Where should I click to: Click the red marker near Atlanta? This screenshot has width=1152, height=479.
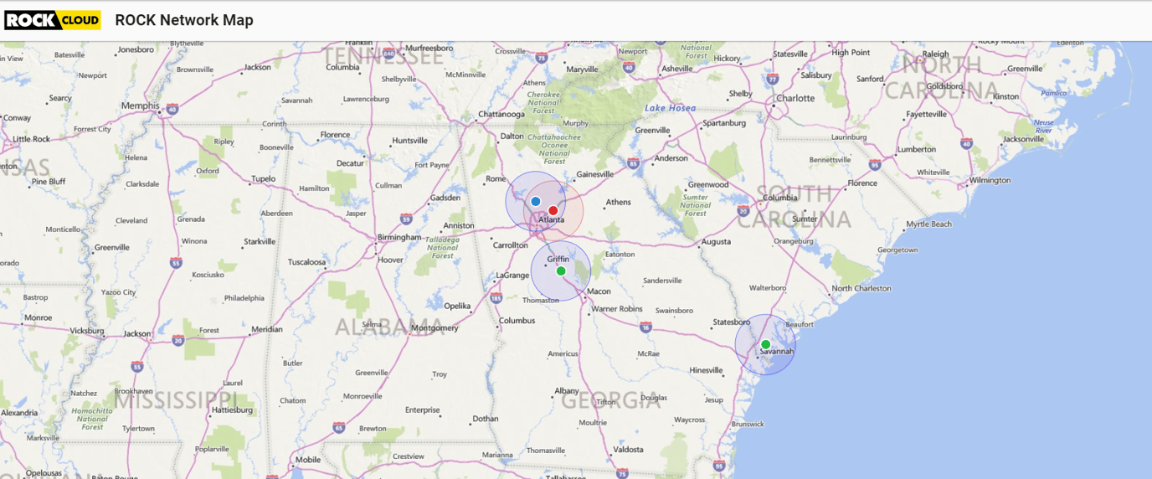pyautogui.click(x=553, y=211)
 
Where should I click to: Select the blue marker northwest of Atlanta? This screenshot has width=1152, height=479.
pyautogui.click(x=536, y=202)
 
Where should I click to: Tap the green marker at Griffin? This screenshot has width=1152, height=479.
pyautogui.click(x=561, y=271)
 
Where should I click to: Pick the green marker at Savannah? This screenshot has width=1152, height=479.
pyautogui.click(x=765, y=345)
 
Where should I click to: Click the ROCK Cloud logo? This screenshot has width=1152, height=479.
pyautogui.click(x=53, y=20)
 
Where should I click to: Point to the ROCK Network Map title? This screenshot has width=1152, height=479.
pyautogui.click(x=184, y=20)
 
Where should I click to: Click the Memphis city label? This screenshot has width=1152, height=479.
pyautogui.click(x=140, y=106)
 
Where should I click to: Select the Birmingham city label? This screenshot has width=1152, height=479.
pyautogui.click(x=399, y=237)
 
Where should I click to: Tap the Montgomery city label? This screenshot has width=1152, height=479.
pyautogui.click(x=435, y=328)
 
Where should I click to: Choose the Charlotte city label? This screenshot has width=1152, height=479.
pyautogui.click(x=795, y=98)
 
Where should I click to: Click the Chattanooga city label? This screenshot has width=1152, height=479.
pyautogui.click(x=501, y=114)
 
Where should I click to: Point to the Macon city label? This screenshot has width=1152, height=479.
pyautogui.click(x=599, y=291)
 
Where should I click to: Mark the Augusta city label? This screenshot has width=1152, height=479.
pyautogui.click(x=716, y=242)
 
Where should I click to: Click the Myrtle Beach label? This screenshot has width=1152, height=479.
pyautogui.click(x=929, y=224)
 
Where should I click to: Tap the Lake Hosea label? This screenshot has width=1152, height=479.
pyautogui.click(x=670, y=108)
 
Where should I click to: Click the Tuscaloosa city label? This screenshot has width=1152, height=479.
pyautogui.click(x=306, y=262)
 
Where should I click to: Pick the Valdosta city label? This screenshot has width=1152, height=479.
pyautogui.click(x=628, y=450)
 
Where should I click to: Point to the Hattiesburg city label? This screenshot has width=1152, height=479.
pyautogui.click(x=232, y=410)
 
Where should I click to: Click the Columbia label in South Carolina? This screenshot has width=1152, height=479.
pyautogui.click(x=780, y=198)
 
